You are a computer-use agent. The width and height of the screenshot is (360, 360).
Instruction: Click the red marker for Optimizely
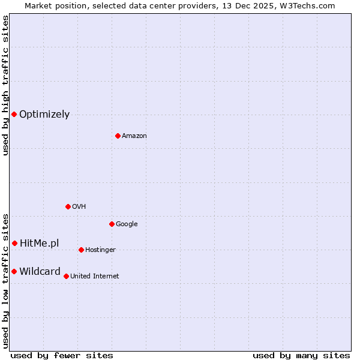(x=14, y=114)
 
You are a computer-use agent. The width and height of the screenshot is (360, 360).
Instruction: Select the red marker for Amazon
(x=118, y=136)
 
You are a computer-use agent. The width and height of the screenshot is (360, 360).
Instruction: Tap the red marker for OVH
(x=68, y=206)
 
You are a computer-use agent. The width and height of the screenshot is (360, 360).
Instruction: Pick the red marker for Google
(x=112, y=224)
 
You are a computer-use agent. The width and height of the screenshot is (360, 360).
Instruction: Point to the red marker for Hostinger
(x=81, y=250)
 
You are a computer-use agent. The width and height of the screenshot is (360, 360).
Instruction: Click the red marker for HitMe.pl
(x=14, y=243)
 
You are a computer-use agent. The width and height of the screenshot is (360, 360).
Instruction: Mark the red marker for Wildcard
(x=14, y=271)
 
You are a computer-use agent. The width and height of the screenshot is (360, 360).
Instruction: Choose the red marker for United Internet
(x=66, y=276)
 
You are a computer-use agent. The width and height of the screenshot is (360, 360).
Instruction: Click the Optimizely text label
(x=44, y=115)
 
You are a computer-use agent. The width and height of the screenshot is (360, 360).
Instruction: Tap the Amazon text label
(x=134, y=136)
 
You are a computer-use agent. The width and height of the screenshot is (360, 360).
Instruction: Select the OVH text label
(x=79, y=207)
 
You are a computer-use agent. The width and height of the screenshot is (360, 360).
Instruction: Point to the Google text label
(x=127, y=224)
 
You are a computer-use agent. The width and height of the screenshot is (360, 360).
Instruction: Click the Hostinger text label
(x=100, y=250)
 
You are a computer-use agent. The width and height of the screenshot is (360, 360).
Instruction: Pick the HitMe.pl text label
(x=40, y=243)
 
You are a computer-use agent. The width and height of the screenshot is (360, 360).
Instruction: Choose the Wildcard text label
(x=40, y=272)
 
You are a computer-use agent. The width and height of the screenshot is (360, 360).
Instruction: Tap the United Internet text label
(x=94, y=277)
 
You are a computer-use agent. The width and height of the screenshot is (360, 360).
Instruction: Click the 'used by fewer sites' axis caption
(x=62, y=355)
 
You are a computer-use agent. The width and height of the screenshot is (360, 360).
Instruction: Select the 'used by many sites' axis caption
(x=301, y=355)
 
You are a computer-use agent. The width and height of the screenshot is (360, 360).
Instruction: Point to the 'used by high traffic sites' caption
(x=5, y=85)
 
